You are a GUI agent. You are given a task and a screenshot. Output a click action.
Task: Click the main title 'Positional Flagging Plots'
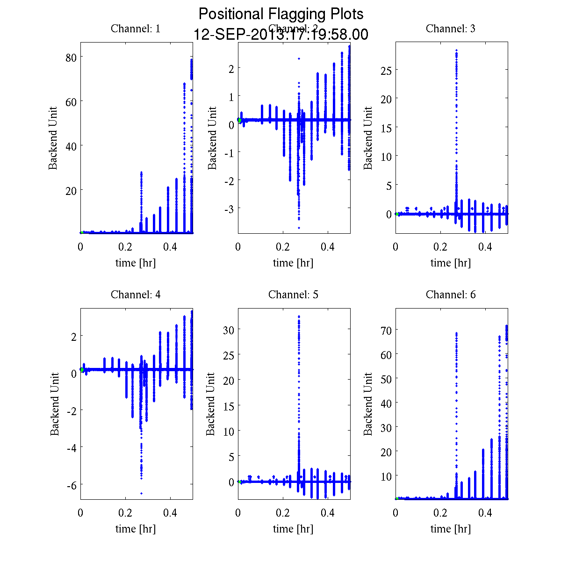[x=281, y=14]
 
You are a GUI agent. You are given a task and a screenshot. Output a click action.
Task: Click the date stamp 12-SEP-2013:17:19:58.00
[x=281, y=35]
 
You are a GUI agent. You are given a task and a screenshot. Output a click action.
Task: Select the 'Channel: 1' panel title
[x=136, y=29]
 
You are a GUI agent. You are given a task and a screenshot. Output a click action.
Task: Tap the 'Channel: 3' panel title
[x=451, y=29]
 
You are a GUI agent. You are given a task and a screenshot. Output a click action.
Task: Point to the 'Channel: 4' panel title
[x=136, y=295]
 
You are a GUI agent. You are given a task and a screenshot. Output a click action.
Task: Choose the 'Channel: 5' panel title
[x=293, y=295]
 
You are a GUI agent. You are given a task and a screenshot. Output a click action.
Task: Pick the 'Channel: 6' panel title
[x=451, y=295]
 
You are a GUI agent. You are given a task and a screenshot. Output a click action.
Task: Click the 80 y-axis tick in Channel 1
[x=71, y=57]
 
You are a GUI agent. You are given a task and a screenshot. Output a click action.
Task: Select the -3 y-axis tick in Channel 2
[x=229, y=208]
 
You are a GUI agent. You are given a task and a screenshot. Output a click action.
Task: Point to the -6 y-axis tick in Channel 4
[x=71, y=484]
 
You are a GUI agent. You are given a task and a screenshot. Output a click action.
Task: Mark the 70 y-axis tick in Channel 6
[x=386, y=330]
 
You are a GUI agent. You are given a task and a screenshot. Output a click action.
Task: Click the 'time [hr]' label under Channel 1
[x=136, y=263]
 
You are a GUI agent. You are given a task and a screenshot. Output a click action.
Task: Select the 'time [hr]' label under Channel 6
[x=451, y=529]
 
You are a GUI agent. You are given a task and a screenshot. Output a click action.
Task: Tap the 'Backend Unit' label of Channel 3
[x=368, y=138]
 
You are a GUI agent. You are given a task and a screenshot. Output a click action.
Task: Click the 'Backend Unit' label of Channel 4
[x=55, y=404]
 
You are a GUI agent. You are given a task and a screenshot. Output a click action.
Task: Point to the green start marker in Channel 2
[x=239, y=120]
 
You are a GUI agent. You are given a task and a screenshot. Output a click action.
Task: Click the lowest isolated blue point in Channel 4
[x=141, y=493]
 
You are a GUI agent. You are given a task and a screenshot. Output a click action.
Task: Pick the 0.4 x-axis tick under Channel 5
[x=328, y=513]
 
